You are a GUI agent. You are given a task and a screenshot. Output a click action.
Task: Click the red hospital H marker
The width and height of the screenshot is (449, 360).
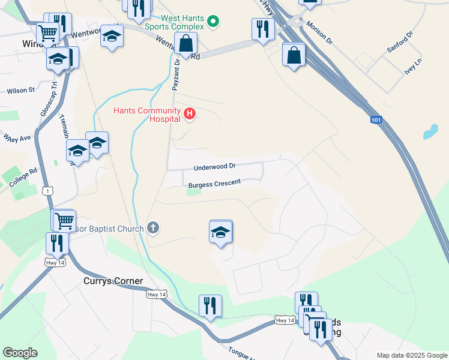190,113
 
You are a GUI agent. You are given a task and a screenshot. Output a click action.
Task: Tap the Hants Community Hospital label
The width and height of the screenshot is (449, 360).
147,115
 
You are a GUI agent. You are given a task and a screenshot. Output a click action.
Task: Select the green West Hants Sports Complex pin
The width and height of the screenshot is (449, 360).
212,23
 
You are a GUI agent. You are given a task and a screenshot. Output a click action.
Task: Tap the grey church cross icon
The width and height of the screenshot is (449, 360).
153,227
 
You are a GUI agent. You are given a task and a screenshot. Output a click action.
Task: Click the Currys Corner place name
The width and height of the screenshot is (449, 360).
113,281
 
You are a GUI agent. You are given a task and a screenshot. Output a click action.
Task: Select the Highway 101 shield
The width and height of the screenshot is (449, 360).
376,120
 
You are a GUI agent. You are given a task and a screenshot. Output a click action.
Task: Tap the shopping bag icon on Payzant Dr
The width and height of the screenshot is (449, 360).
186,43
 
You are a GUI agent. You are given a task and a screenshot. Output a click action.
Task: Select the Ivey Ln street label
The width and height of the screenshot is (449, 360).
414,65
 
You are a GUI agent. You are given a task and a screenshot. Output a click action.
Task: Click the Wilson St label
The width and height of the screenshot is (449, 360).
21,91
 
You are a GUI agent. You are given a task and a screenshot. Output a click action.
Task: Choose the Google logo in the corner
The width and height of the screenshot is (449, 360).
20,353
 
